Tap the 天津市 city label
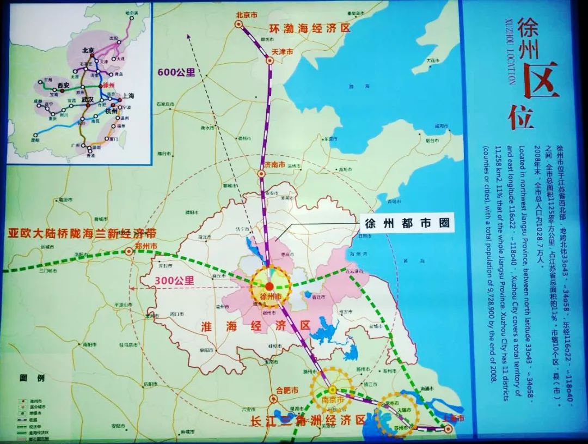[283, 52]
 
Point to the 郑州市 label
[145, 246]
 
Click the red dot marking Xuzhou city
[269, 286]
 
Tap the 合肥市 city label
[288, 390]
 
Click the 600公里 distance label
[176, 71]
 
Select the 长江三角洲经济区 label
[308, 420]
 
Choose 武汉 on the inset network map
[88, 99]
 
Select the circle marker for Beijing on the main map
[238, 24]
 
